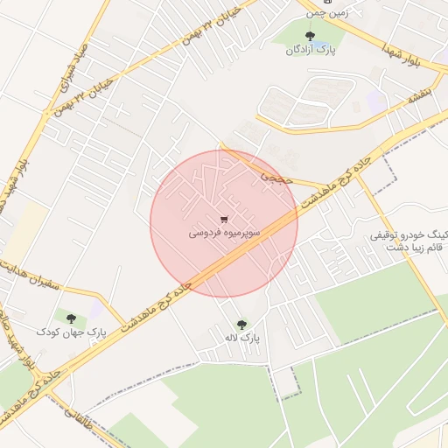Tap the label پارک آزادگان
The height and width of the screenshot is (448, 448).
pyautogui.click(x=310, y=51)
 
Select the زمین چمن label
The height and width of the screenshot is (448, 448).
pyautogui.click(x=325, y=13)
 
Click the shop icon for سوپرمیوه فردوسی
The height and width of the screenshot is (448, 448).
pyautogui.click(x=224, y=219)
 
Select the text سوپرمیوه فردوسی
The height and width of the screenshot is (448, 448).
pyautogui.click(x=224, y=234)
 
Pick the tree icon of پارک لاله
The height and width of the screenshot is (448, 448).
pyautogui.click(x=241, y=324)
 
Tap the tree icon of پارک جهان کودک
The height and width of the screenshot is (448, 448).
pyautogui.click(x=71, y=318)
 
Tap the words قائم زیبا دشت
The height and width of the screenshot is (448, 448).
pyautogui.click(x=411, y=248)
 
